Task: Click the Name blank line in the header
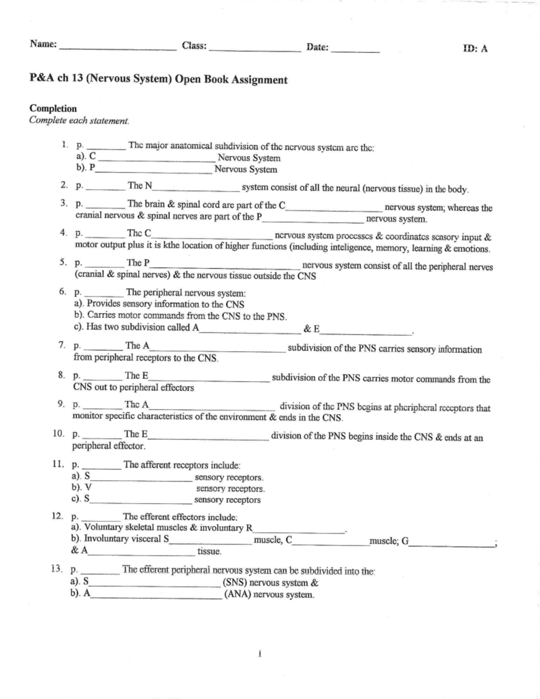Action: [118, 50]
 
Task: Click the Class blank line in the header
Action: [255, 51]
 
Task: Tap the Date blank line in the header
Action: [355, 52]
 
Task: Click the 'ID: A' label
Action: [475, 49]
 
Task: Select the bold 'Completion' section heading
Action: [53, 108]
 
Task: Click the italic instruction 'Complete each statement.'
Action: [79, 121]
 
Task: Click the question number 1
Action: [65, 145]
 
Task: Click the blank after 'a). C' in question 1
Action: [156, 160]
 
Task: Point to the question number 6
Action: [63, 292]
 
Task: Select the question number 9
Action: [61, 404]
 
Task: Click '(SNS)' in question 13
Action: [235, 583]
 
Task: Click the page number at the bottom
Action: [260, 654]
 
